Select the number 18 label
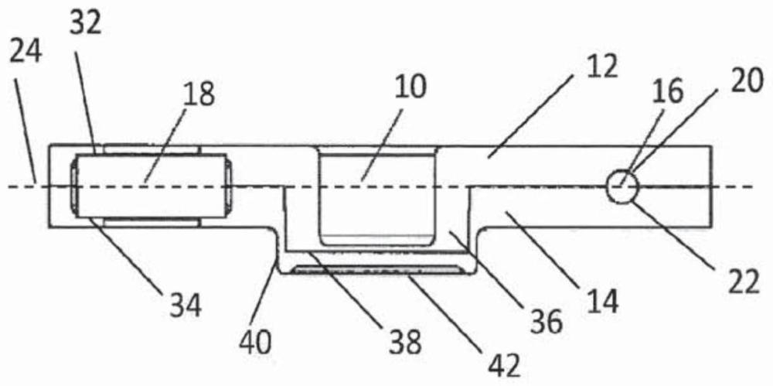click(198, 95)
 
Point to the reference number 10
click(410, 87)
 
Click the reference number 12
click(601, 68)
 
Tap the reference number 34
click(184, 305)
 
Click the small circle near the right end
click(623, 186)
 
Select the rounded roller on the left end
click(151, 186)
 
